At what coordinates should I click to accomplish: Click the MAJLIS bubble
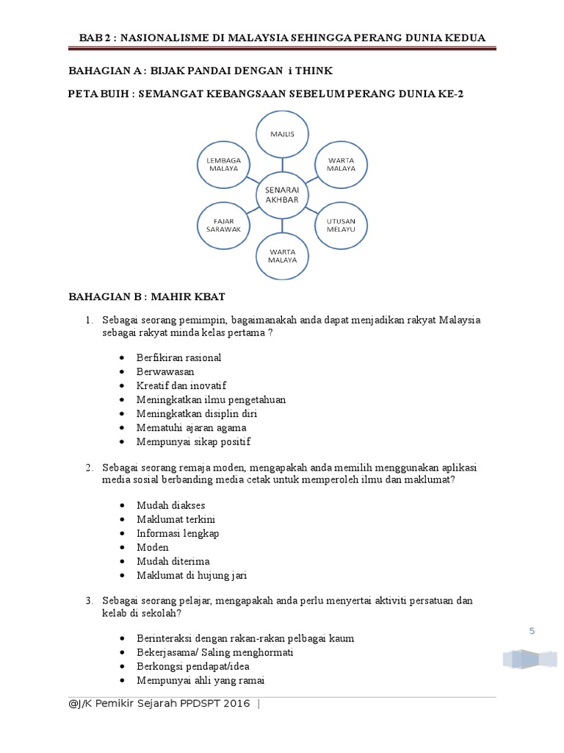[x=281, y=134]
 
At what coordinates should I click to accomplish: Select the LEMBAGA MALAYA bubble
[x=223, y=164]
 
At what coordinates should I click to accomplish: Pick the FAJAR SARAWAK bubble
[x=223, y=224]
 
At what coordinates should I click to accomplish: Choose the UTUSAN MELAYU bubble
[x=341, y=225]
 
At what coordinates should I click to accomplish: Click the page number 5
[x=533, y=630]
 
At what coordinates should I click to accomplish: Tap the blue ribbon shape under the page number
[x=529, y=658]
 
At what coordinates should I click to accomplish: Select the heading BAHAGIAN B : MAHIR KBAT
[x=146, y=296]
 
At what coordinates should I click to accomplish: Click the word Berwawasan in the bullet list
[x=165, y=371]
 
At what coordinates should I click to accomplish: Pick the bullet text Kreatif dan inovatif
[x=181, y=385]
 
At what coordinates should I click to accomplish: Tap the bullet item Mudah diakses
[x=170, y=505]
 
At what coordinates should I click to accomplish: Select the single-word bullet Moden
[x=152, y=547]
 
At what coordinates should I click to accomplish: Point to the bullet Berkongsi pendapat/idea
[x=193, y=666]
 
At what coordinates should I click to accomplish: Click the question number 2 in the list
[x=88, y=468]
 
